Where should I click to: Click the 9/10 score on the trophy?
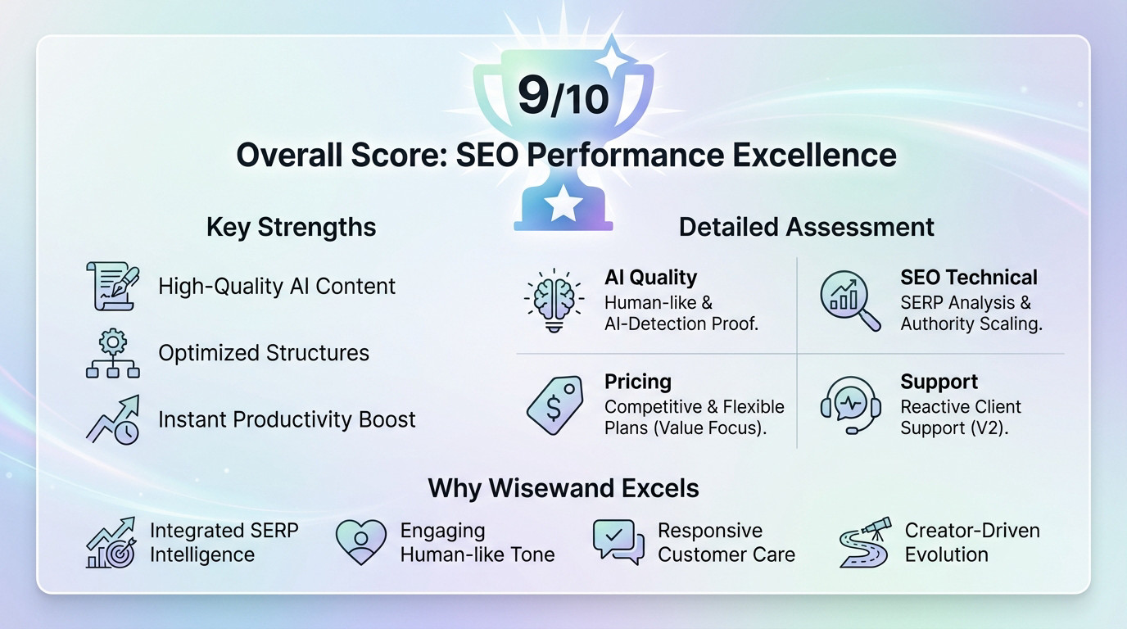tap(563, 96)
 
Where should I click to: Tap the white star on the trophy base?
tap(563, 203)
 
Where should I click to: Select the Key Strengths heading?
tap(291, 227)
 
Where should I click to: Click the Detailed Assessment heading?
tap(806, 227)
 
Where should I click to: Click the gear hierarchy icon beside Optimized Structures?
tap(113, 353)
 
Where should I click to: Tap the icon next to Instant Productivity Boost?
tap(113, 419)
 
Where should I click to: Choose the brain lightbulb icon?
tap(554, 300)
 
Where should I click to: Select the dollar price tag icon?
tap(554, 405)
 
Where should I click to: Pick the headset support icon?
tap(850, 405)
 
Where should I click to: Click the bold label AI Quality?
tap(650, 278)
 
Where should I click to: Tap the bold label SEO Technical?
tap(969, 278)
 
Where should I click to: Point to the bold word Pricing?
tap(638, 382)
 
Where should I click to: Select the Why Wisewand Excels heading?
tap(563, 489)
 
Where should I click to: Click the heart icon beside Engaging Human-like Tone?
tap(360, 541)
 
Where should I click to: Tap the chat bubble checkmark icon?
tap(618, 541)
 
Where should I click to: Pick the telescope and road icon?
tap(864, 541)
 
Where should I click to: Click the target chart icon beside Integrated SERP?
tap(111, 541)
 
